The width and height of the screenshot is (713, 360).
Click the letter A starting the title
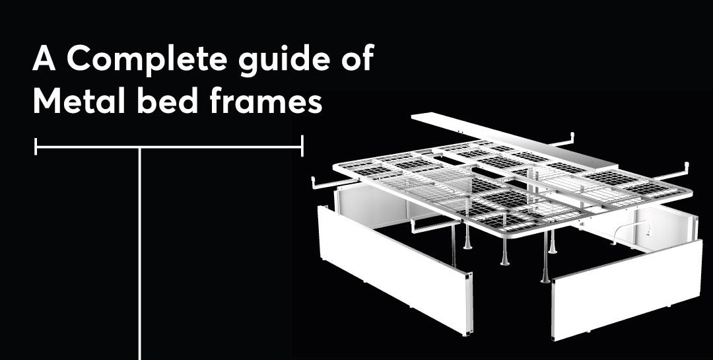[x=44, y=60]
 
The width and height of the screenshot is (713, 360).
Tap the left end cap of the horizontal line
[x=36, y=147]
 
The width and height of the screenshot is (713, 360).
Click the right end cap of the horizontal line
[x=302, y=147]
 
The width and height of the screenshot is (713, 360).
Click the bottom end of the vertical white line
[x=141, y=357]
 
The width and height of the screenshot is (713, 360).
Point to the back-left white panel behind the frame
[x=370, y=205]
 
